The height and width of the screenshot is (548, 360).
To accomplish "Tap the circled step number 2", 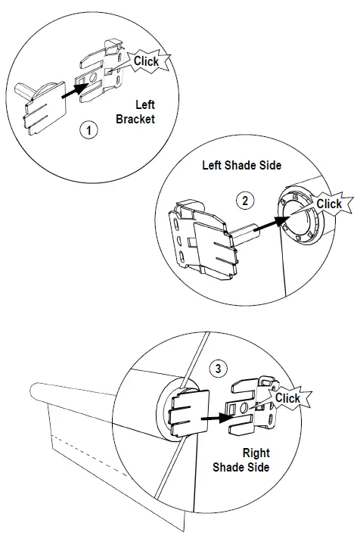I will click(244, 201).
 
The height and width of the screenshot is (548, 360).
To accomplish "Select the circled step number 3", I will click(219, 369).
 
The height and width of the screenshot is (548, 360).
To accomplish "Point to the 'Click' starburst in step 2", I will click(329, 204).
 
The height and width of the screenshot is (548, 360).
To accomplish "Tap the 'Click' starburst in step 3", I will click(287, 397).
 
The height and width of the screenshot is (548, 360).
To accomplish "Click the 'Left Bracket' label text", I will click(135, 112).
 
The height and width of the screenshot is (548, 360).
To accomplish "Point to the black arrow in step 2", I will click(265, 225).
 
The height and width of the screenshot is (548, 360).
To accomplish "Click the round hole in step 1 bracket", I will click(92, 79).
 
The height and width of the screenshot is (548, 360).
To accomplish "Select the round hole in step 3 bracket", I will click(244, 409).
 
